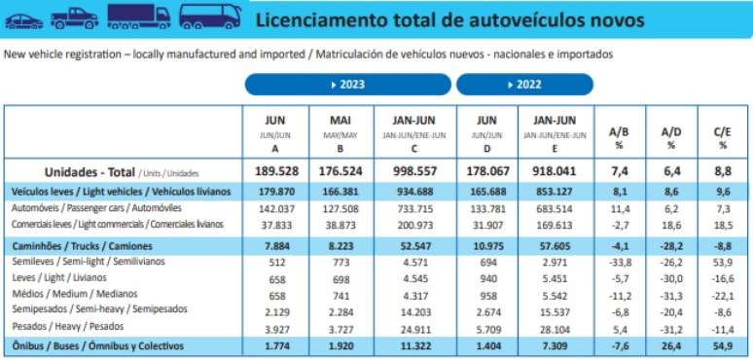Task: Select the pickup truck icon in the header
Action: coord(74,17)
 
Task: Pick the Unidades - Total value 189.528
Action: coord(275,172)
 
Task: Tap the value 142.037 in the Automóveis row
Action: coord(275,208)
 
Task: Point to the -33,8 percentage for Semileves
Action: coord(620,264)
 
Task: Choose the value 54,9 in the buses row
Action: coord(723,344)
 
